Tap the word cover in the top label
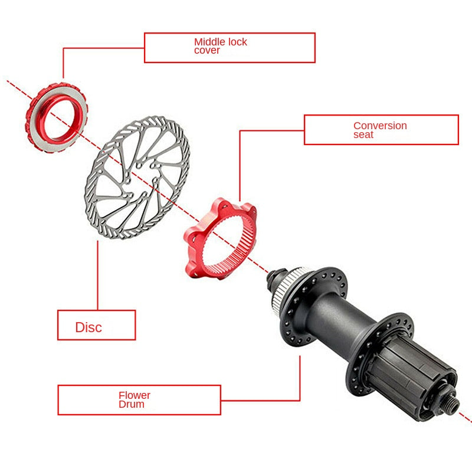207,50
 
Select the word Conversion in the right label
380,126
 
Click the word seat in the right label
363,135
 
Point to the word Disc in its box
88,327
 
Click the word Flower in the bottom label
135,395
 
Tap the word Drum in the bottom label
131,404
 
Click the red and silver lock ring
57,117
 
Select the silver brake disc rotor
137,178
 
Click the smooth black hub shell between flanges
340,325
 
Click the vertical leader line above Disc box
97,275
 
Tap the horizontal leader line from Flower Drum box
260,401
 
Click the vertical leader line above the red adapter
240,166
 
